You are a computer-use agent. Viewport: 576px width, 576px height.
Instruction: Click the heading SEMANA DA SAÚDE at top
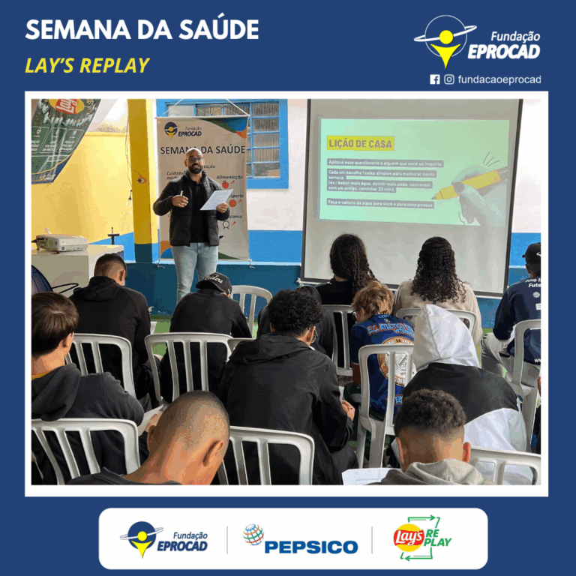coord(142,30)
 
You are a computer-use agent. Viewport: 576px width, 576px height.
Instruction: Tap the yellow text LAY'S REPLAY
coord(87,65)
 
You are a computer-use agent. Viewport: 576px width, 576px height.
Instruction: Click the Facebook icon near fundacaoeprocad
coord(435,79)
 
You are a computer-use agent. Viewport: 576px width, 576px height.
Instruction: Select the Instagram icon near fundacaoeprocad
coord(449,79)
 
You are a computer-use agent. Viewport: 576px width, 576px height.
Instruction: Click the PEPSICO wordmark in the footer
coord(310,547)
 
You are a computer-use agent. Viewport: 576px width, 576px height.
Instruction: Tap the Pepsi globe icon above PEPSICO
coord(253,534)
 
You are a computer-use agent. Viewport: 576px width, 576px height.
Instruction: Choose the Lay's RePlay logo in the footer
coord(422,537)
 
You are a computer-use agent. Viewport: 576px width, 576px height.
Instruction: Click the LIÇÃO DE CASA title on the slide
coord(360,142)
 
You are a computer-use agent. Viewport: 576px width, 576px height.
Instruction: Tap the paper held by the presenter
coord(216,199)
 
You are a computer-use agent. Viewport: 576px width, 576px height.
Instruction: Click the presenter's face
coord(195,161)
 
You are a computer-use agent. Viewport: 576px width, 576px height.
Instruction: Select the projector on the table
coord(61,242)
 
